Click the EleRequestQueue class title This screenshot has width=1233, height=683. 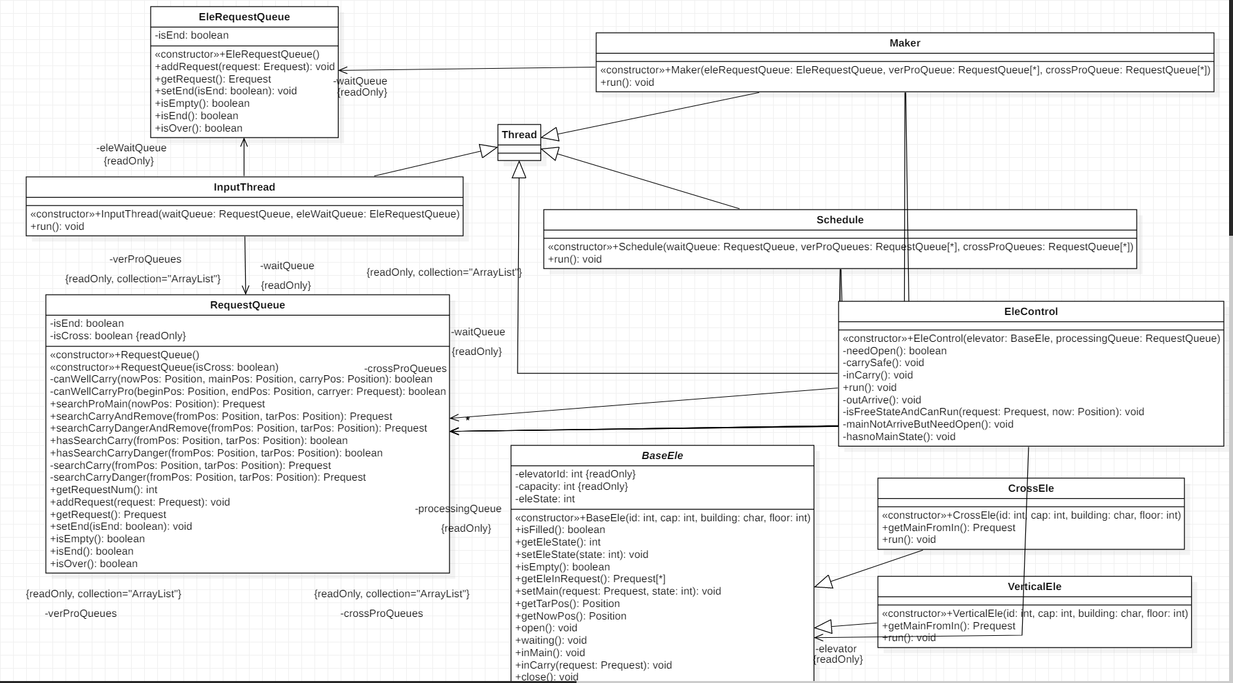(244, 17)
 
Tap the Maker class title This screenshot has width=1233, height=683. (904, 43)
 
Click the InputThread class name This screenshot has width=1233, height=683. (244, 187)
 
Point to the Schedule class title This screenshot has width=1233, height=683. (839, 220)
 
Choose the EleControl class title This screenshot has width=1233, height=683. (1031, 312)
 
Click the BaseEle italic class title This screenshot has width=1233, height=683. (662, 456)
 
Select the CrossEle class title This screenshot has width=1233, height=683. (1031, 489)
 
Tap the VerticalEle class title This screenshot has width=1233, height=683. (1034, 587)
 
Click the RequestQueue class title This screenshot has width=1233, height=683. (247, 305)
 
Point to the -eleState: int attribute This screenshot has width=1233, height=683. (545, 499)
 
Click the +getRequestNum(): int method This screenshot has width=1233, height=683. (104, 490)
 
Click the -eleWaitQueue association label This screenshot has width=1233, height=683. (131, 148)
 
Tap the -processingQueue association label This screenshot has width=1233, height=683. (458, 509)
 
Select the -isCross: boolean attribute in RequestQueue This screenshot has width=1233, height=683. (118, 336)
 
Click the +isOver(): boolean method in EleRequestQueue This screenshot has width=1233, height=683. (199, 128)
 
